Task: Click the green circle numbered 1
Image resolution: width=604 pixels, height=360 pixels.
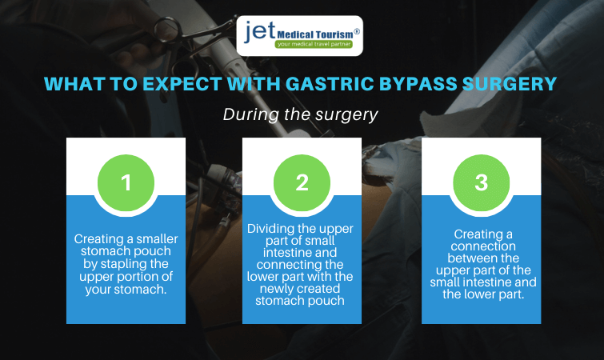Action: [126, 183]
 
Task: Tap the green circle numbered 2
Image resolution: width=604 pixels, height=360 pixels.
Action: [302, 183]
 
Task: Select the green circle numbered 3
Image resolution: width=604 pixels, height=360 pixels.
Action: [481, 183]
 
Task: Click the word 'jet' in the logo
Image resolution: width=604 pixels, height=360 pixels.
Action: [260, 30]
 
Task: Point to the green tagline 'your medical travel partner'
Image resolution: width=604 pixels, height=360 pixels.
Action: [314, 44]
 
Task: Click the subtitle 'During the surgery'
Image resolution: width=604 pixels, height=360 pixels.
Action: [301, 114]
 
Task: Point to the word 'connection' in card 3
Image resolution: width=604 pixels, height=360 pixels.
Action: [483, 246]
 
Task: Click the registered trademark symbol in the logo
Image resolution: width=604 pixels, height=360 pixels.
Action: [357, 31]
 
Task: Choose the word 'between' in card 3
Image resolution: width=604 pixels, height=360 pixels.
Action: [483, 258]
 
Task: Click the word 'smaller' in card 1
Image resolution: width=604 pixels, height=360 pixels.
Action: [157, 239]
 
